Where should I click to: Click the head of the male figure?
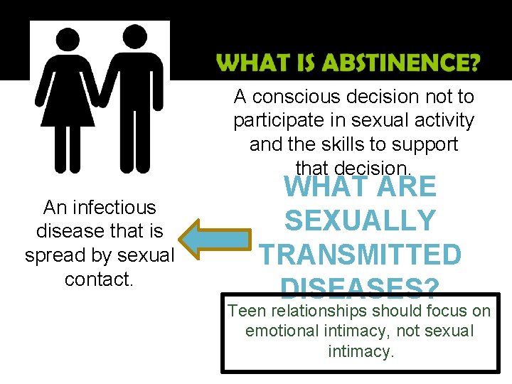(x=132, y=37)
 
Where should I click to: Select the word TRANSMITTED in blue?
(x=360, y=255)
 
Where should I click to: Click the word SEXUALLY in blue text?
(x=360, y=221)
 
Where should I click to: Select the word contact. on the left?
(x=100, y=279)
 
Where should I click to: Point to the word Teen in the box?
(x=245, y=311)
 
